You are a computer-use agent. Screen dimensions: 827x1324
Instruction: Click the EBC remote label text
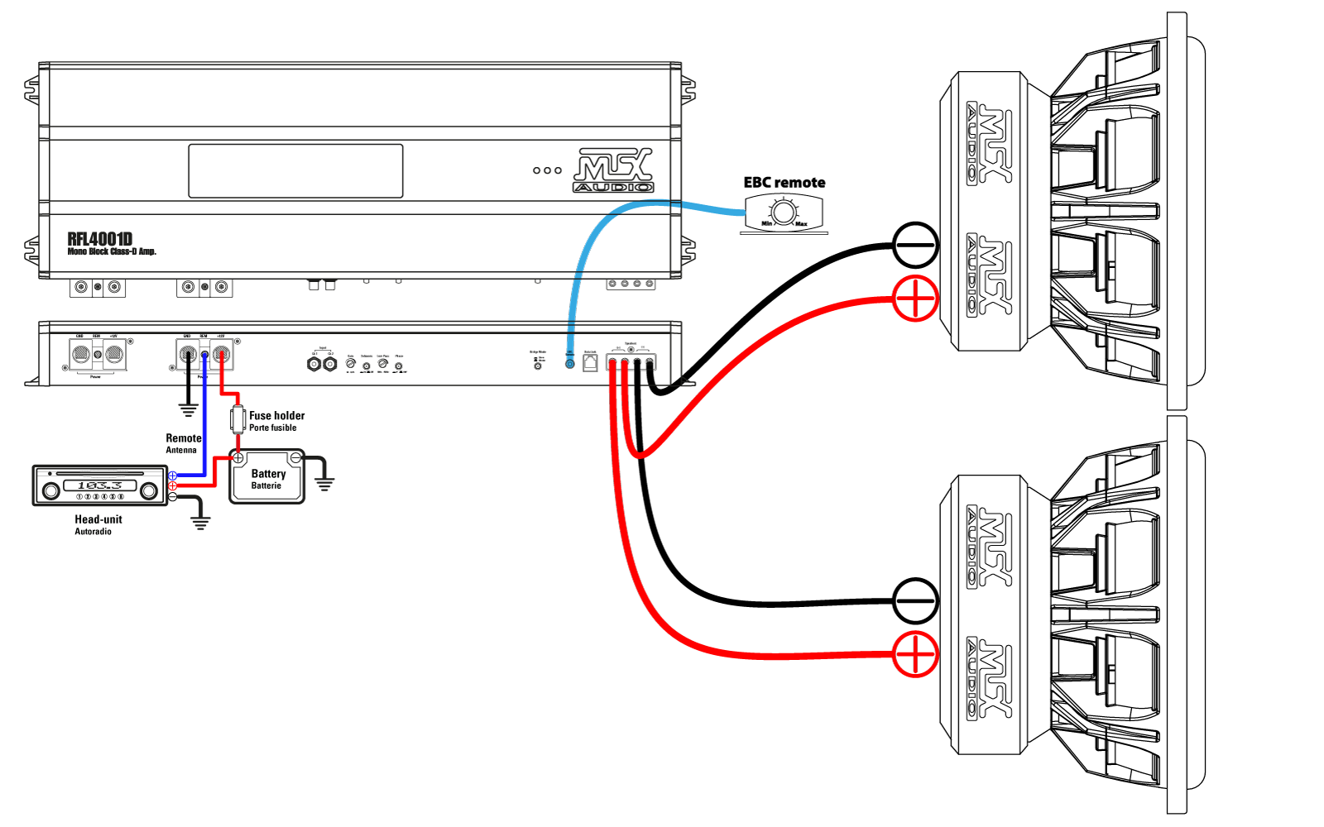point(784,183)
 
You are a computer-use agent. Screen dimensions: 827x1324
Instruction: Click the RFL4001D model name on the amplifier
point(100,239)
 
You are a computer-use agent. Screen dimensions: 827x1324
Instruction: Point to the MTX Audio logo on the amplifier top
point(614,170)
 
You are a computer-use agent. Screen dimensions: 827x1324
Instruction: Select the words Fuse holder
point(276,416)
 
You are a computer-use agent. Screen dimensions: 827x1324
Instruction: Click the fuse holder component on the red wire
point(238,418)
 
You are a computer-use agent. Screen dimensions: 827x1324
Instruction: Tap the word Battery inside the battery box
point(268,474)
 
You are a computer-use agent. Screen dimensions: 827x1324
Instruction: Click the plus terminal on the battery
point(237,458)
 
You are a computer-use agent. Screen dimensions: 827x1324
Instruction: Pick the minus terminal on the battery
point(295,458)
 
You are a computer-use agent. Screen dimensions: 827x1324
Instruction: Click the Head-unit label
point(98,519)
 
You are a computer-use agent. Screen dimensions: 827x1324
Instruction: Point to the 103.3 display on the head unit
point(99,485)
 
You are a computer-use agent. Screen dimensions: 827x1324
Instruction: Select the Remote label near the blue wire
point(183,438)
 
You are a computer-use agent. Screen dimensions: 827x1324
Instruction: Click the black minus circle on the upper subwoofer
point(915,245)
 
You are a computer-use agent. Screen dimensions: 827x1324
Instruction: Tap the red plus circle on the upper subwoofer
point(915,299)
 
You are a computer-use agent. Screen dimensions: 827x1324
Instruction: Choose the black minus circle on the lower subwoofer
point(915,600)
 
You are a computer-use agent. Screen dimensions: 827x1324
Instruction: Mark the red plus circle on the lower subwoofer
point(915,654)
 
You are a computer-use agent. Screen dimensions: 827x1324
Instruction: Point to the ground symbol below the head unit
point(200,522)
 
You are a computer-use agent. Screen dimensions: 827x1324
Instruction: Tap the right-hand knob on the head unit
point(150,491)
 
